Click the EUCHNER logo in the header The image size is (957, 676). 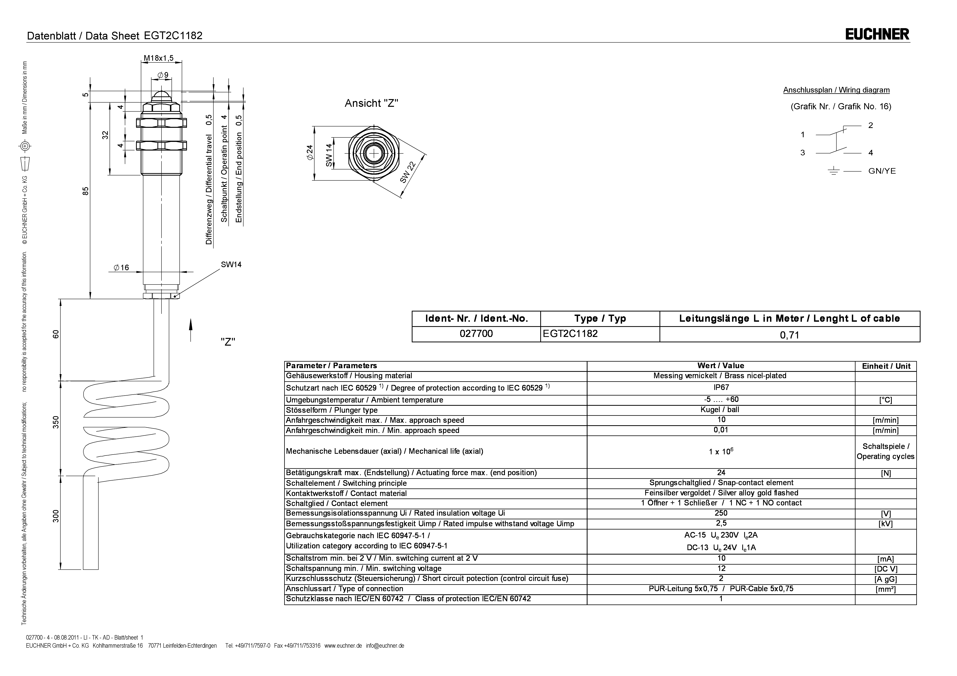[x=877, y=34]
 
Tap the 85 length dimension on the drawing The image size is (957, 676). [x=85, y=191]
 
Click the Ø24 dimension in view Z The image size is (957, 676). [x=309, y=153]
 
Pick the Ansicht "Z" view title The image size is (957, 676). [x=371, y=103]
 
